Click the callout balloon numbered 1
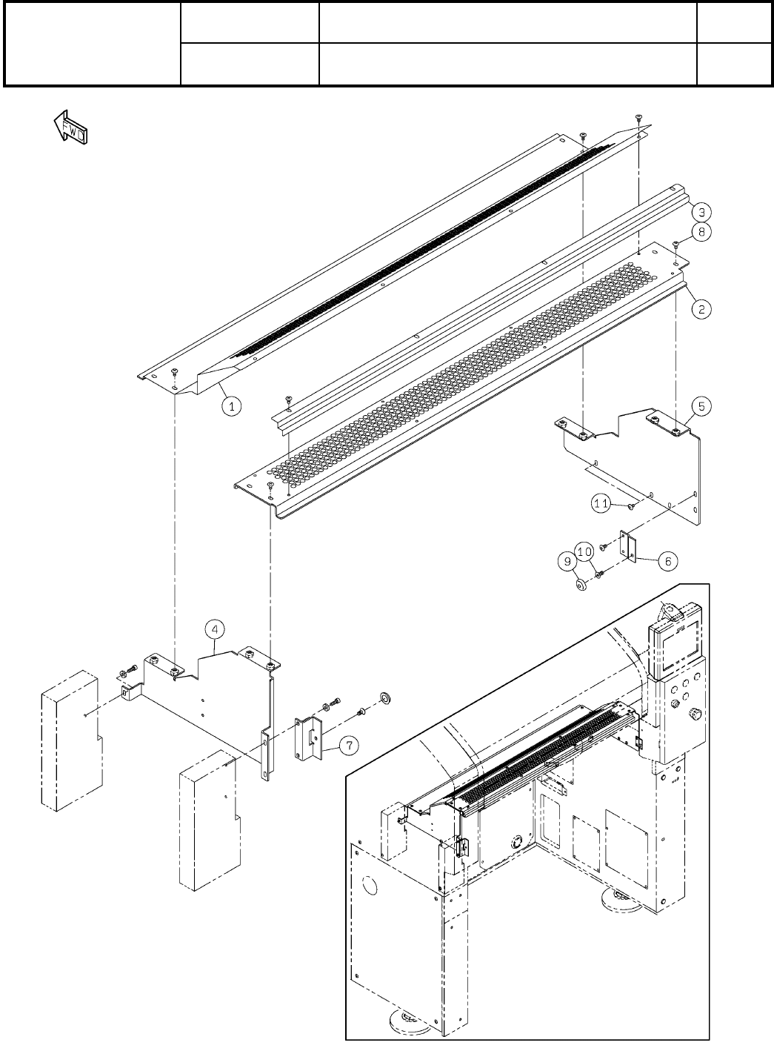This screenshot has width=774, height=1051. coord(232,405)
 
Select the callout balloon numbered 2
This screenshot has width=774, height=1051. coord(702,311)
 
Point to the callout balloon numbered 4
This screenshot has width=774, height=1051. coord(213,630)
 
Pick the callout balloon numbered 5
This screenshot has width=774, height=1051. coord(702,405)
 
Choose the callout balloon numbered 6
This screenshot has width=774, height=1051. coord(667,561)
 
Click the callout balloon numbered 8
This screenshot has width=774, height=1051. coord(702,232)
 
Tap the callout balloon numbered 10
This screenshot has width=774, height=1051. coord(584,552)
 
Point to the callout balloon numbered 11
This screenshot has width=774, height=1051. coord(601,504)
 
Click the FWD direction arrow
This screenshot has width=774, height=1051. coord(71,128)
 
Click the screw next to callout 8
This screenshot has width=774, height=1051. coord(677,245)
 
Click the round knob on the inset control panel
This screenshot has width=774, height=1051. coord(695,714)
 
